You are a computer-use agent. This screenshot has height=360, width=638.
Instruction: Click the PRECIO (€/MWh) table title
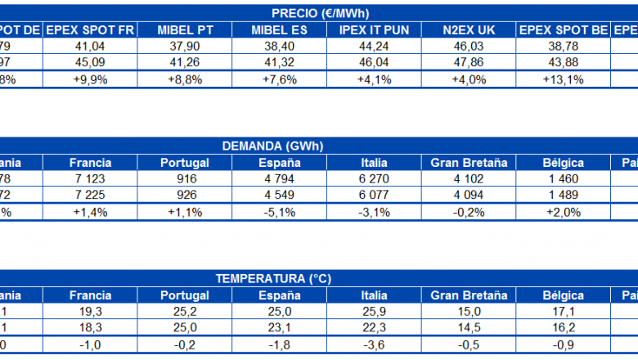(318, 13)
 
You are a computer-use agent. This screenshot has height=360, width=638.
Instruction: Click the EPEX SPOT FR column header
(90, 30)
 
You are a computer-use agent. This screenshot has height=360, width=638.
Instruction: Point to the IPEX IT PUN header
(374, 30)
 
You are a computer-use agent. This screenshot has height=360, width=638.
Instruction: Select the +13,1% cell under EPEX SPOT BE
(562, 79)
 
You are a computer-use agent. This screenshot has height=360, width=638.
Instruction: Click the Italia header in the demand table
(374, 163)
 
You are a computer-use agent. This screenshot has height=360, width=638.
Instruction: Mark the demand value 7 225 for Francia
(90, 196)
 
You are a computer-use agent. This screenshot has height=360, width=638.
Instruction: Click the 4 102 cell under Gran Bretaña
(470, 179)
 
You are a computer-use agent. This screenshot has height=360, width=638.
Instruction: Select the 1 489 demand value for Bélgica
(562, 196)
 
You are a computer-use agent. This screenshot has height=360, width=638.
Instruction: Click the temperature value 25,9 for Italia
(374, 312)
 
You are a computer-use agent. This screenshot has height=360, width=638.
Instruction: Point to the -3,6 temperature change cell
(374, 344)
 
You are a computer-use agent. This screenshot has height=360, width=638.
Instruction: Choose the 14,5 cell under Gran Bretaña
(470, 328)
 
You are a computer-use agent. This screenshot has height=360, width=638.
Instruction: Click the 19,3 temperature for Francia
(90, 312)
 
